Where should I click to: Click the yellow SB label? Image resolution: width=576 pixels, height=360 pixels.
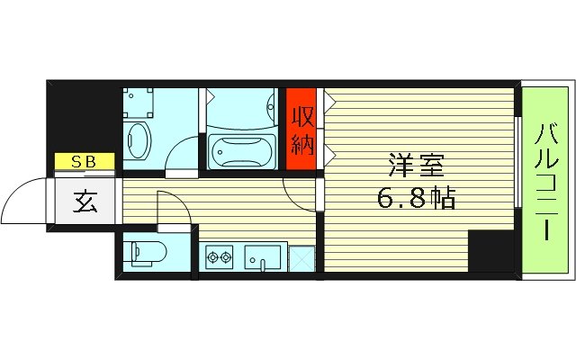[84, 162]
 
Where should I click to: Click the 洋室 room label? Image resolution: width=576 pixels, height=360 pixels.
[416, 166]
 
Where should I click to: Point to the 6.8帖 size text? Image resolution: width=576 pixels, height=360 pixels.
[416, 196]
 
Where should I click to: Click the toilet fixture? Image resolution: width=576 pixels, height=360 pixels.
[144, 255]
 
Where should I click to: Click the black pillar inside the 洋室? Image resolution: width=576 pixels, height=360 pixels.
[490, 251]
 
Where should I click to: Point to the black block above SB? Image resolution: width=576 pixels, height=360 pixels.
[83, 117]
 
